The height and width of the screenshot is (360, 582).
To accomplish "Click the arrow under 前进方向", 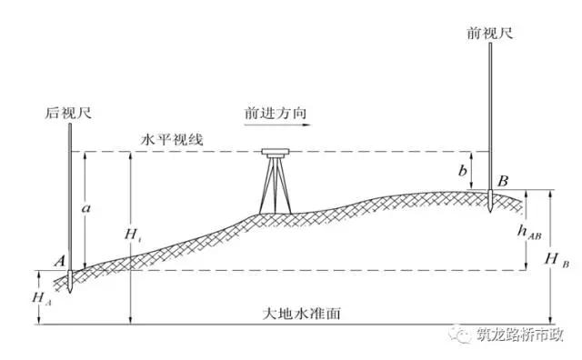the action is tap(274, 128).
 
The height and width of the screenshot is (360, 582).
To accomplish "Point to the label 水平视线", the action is tap(172, 139).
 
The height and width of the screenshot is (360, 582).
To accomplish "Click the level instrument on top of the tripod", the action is tap(273, 153).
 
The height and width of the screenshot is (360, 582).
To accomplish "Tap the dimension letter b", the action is tap(463, 170).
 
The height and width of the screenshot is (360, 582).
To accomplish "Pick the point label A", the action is tap(58, 261).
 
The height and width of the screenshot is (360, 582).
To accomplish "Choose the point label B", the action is tap(501, 180).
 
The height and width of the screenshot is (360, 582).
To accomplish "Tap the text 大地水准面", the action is tap(301, 314).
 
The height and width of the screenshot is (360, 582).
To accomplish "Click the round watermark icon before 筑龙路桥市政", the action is tap(460, 334).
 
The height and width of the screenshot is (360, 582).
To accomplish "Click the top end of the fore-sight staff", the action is tap(489, 44).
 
